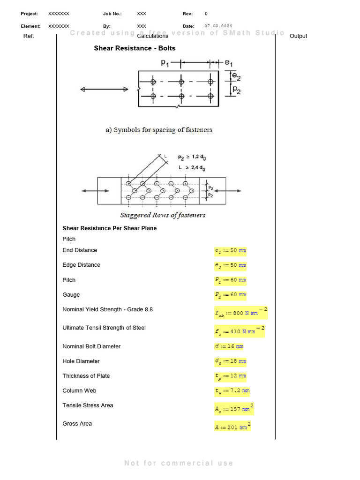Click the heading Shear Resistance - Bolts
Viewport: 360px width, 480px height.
pyautogui.click(x=135, y=48)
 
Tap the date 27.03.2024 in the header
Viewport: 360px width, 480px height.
pyautogui.click(x=218, y=26)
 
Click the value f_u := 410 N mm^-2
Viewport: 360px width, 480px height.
pyautogui.click(x=240, y=331)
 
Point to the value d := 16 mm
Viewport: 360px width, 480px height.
pyautogui.click(x=229, y=346)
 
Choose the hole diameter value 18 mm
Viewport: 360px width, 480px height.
pyautogui.click(x=230, y=361)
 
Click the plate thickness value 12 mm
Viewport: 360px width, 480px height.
pyautogui.click(x=230, y=376)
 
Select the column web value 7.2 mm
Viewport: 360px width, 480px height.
pyautogui.click(x=232, y=390)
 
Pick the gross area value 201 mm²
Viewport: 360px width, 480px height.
pyautogui.click(x=232, y=427)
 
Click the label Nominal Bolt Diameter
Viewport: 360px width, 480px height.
pyautogui.click(x=91, y=346)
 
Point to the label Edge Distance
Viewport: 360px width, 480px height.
pyautogui.click(x=81, y=265)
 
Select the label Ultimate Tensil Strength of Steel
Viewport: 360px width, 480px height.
pyautogui.click(x=104, y=328)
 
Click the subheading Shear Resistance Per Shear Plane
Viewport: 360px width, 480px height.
pyautogui.click(x=110, y=228)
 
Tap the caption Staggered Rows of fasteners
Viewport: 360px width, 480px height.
pyautogui.click(x=163, y=215)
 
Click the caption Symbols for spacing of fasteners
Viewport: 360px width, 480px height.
pyautogui.click(x=159, y=130)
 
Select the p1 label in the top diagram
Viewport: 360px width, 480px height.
pyautogui.click(x=165, y=62)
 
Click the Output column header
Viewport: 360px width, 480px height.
pyautogui.click(x=299, y=36)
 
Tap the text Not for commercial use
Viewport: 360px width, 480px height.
pyautogui.click(x=179, y=463)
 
